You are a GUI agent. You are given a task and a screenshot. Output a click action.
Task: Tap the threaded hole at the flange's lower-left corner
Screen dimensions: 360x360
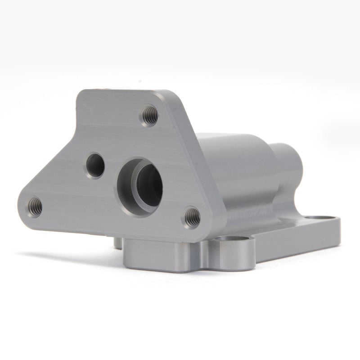[x=35, y=206]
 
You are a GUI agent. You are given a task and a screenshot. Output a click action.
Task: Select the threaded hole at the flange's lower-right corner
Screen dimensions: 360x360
[x=192, y=216]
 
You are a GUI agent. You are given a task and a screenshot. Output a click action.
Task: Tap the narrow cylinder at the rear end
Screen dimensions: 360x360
[x=288, y=171]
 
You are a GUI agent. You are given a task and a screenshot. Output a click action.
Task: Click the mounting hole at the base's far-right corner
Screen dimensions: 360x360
[x=320, y=217]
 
